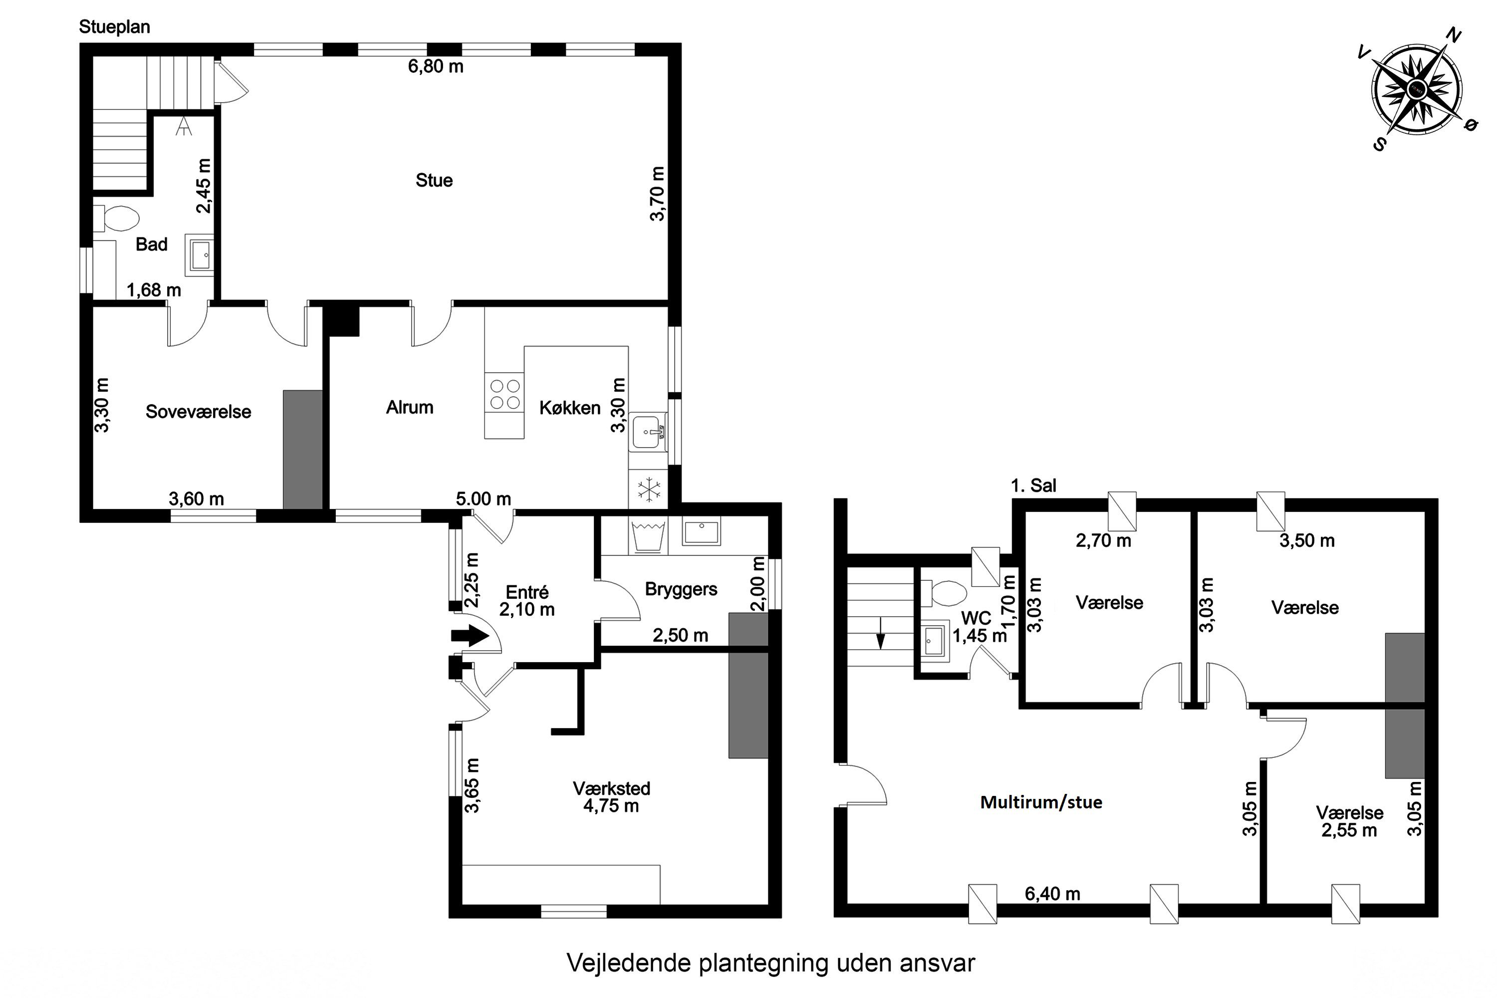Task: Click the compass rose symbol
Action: coord(1417,97)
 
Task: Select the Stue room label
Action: coord(434,180)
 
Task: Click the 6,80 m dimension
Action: coord(436,66)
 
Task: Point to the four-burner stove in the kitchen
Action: coord(504,393)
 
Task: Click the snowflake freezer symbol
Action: coord(649,490)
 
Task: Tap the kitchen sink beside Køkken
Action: coord(649,432)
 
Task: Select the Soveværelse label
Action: coord(199,412)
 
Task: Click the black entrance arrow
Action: coord(470,635)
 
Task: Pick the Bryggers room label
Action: coord(681,589)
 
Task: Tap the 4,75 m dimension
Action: coord(611,806)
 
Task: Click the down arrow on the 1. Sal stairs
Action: coord(881,633)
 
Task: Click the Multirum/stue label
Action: coord(1041,802)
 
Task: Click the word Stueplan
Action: coord(115,27)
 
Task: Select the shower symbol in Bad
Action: coord(184,126)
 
